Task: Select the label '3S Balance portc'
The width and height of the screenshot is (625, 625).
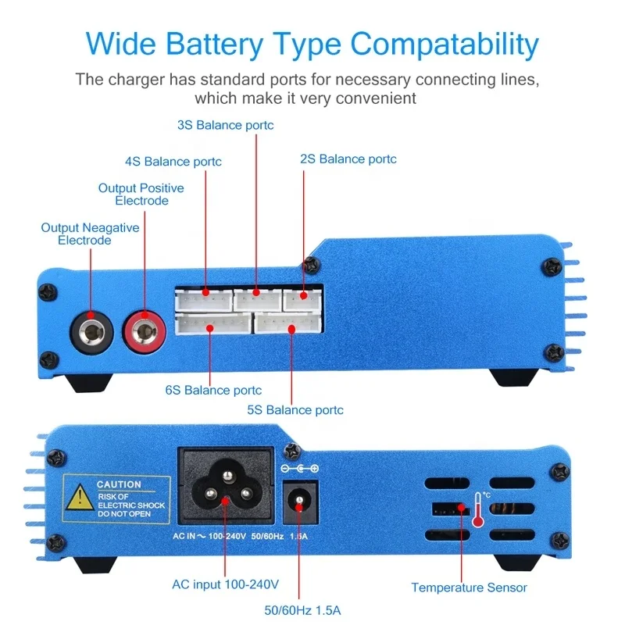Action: pyautogui.click(x=225, y=125)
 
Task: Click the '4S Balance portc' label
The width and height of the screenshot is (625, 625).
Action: pyautogui.click(x=173, y=162)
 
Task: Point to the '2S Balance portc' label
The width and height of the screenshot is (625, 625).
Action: pyautogui.click(x=348, y=159)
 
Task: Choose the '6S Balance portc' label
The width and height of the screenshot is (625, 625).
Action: pyautogui.click(x=213, y=390)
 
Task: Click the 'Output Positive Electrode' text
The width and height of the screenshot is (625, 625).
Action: pyautogui.click(x=141, y=195)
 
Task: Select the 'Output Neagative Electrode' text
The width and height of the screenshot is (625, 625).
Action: pyautogui.click(x=90, y=234)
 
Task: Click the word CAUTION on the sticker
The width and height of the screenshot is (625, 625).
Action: pyautogui.click(x=119, y=484)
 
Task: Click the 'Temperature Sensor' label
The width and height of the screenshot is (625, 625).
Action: pyautogui.click(x=469, y=587)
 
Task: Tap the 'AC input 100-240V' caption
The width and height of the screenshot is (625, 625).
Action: pyautogui.click(x=225, y=584)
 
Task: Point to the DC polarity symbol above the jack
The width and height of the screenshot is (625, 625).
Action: pyautogui.click(x=299, y=469)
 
